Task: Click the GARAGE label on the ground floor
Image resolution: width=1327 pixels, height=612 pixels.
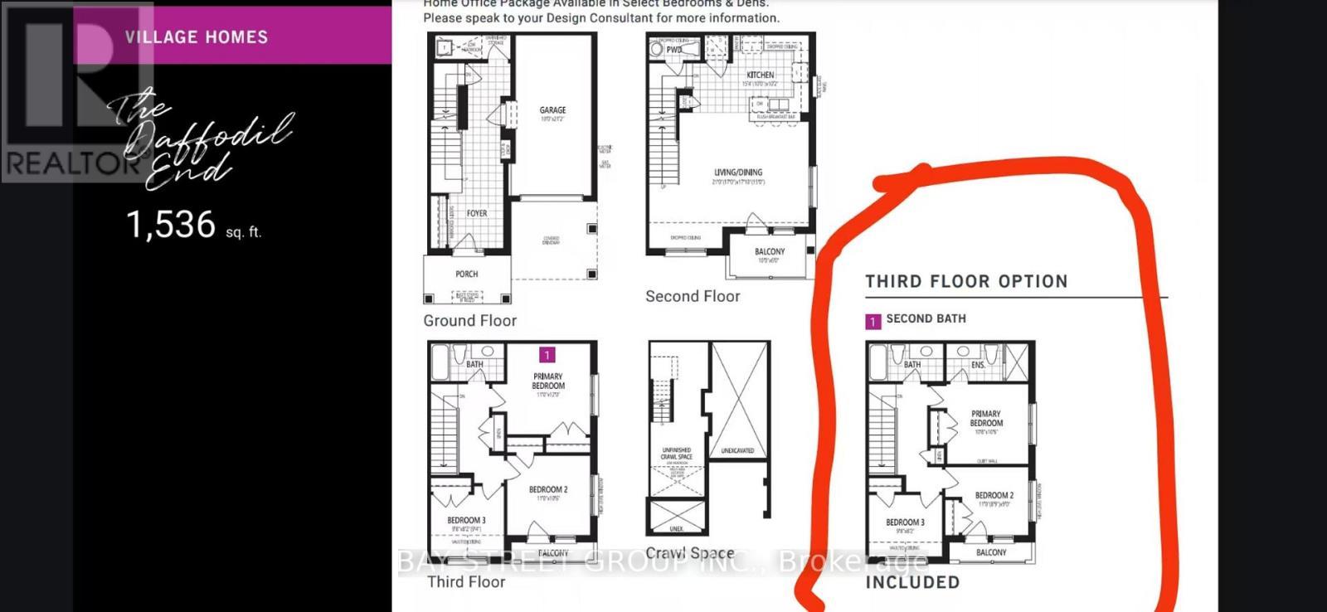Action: [x=552, y=109]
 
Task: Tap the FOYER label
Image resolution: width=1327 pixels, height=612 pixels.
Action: [x=477, y=213]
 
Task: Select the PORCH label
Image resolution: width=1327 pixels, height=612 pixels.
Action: [x=467, y=274]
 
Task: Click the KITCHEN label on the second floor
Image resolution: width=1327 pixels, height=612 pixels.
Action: [x=760, y=75]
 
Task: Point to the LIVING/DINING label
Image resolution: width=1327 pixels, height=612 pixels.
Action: [x=738, y=172]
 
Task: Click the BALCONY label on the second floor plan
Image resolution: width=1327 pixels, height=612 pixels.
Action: [x=770, y=251]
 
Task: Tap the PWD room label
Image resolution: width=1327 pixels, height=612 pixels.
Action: [x=673, y=50]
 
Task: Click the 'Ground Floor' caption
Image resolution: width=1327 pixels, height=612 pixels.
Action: [x=469, y=321]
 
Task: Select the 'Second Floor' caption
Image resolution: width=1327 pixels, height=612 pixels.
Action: [x=693, y=296]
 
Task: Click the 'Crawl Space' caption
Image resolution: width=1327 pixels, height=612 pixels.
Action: [x=689, y=552]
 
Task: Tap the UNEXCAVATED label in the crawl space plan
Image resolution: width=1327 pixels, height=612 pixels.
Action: [x=737, y=450]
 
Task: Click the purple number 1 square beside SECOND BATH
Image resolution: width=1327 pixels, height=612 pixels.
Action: [x=873, y=322]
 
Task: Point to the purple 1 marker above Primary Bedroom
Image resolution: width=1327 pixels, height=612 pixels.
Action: [x=547, y=355]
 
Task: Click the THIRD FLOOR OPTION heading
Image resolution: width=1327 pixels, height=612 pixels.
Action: [x=966, y=281]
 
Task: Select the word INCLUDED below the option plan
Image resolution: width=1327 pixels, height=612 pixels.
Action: [x=912, y=582]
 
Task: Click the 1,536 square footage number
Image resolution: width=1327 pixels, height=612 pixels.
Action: [x=171, y=225]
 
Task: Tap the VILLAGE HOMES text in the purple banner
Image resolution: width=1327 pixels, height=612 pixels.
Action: [x=197, y=37]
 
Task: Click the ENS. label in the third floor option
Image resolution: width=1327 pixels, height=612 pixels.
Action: [x=979, y=365]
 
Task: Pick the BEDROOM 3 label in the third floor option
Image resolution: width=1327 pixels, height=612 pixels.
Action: [x=905, y=522]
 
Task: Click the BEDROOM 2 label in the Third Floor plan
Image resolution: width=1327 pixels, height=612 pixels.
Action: [x=548, y=489]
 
